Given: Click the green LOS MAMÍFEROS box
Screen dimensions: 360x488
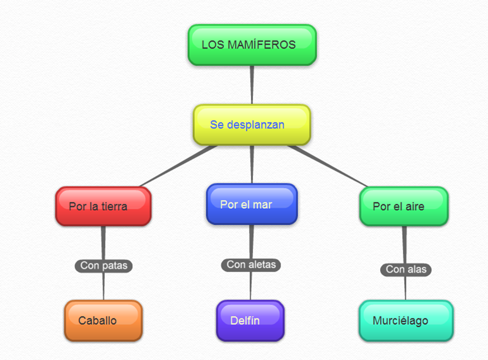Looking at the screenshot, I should click(252, 45).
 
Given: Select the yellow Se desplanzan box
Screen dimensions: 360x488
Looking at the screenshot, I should click(252, 125).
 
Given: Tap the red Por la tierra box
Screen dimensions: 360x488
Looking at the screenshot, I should click(103, 206).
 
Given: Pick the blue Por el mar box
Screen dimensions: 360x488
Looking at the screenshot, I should click(251, 204).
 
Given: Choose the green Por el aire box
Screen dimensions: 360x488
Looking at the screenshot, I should click(404, 206).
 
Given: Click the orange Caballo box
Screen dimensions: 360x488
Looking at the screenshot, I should click(103, 320).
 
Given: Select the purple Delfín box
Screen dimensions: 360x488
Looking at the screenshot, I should click(250, 320).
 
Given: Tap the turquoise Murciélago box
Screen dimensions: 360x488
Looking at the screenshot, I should click(406, 320).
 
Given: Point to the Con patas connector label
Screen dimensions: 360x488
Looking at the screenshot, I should click(103, 265).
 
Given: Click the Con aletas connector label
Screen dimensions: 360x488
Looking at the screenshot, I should click(251, 265).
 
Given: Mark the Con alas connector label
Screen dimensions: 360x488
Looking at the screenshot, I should click(406, 269).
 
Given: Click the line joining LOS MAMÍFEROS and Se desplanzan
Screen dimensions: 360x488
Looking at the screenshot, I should click(252, 85).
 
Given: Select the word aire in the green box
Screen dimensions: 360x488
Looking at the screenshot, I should click(414, 206).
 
